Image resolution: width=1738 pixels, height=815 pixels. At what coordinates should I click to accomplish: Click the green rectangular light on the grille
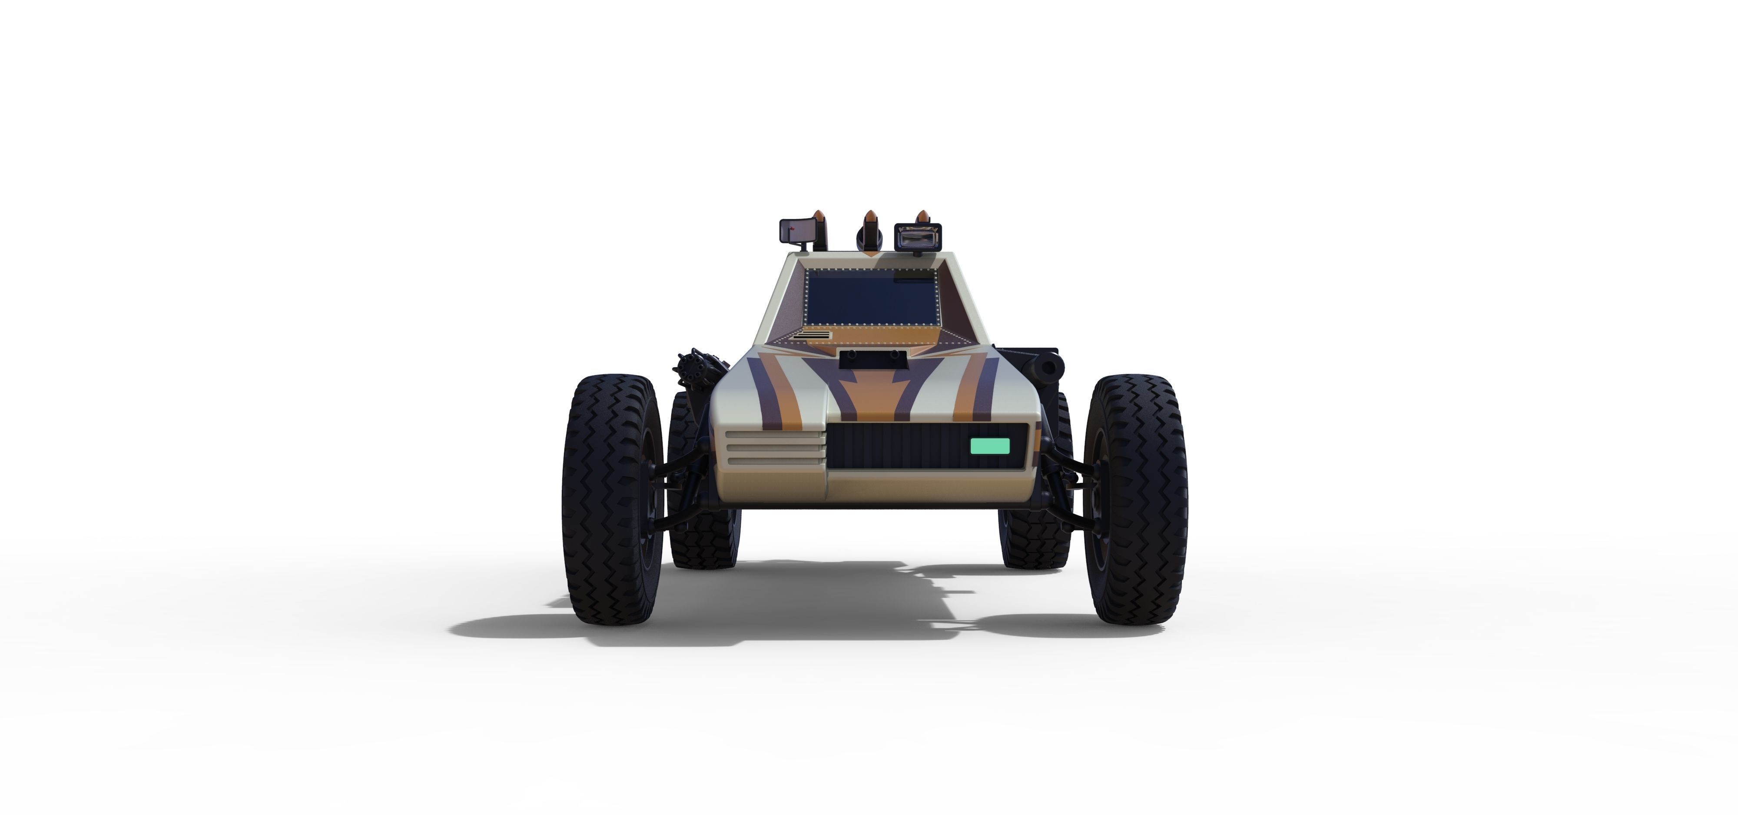tap(990, 446)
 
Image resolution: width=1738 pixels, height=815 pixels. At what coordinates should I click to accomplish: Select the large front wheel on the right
tap(1135, 499)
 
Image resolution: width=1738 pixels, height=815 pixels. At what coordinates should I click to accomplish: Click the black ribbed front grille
tap(897, 446)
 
